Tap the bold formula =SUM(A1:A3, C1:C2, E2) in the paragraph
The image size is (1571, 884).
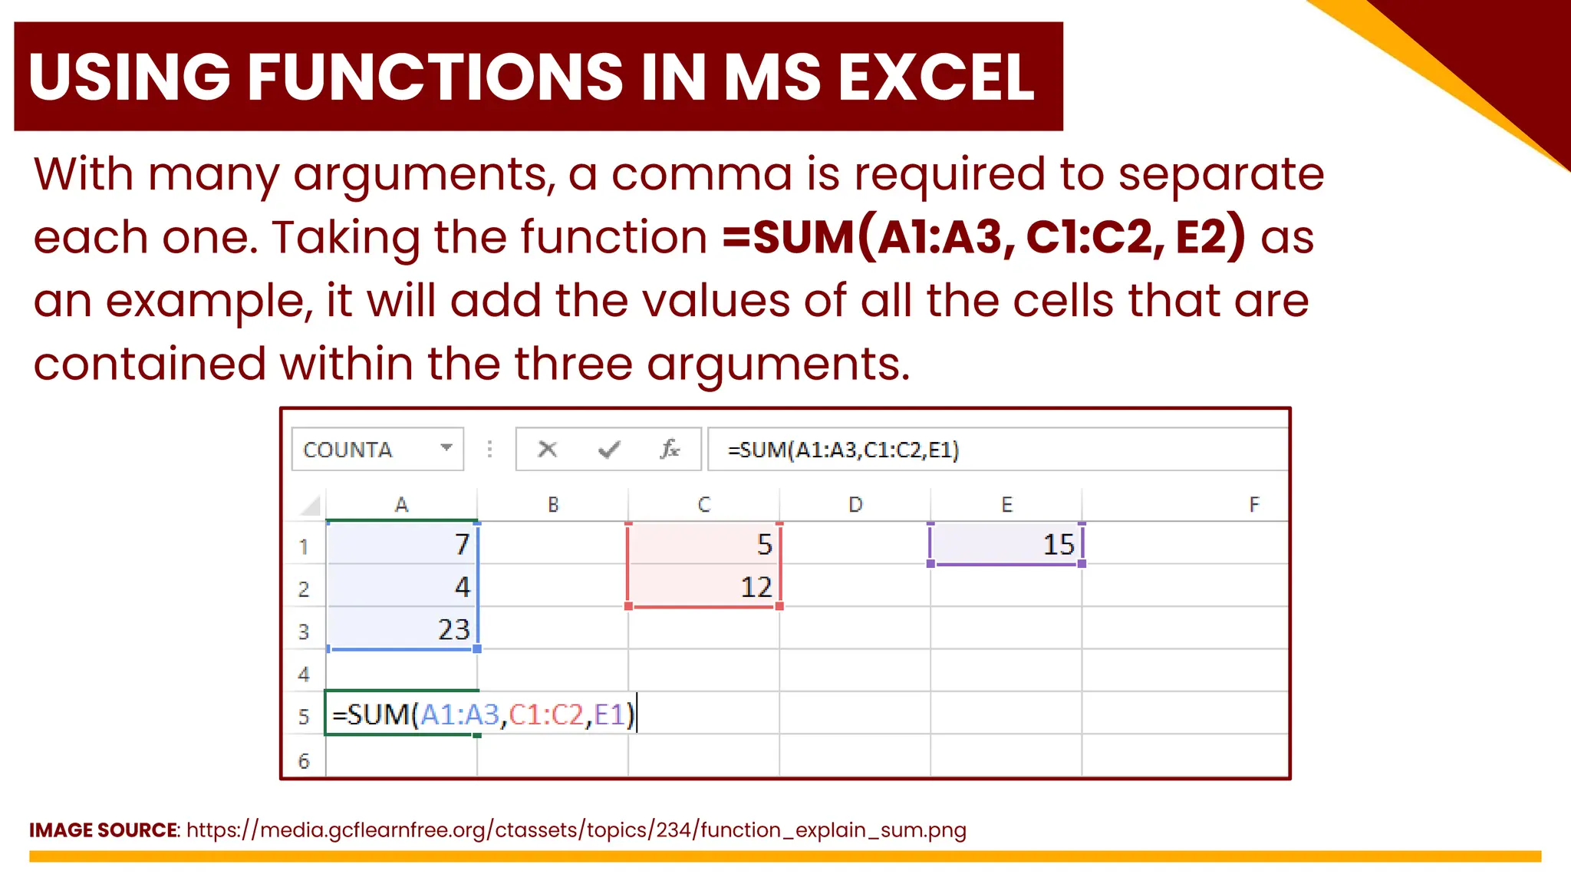pos(983,236)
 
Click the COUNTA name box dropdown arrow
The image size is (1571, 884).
pos(446,448)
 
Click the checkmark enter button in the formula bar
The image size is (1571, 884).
pos(608,449)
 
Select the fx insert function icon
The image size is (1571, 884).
pos(670,449)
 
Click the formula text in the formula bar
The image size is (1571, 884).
pos(843,450)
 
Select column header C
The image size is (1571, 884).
pos(704,505)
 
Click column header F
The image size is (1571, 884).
pos(1253,505)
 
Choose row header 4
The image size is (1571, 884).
pos(304,675)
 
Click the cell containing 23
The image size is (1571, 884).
pos(402,629)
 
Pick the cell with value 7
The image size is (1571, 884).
pos(402,544)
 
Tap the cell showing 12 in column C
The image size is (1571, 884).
pos(704,587)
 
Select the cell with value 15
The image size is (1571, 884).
pos(1006,544)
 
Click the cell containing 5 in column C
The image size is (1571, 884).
pos(704,544)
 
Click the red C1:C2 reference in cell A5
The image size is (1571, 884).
pos(546,715)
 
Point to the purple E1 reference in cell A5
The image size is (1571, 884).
pos(610,715)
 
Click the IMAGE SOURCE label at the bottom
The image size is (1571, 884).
pos(104,830)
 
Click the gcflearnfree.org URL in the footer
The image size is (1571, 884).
pos(575,830)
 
